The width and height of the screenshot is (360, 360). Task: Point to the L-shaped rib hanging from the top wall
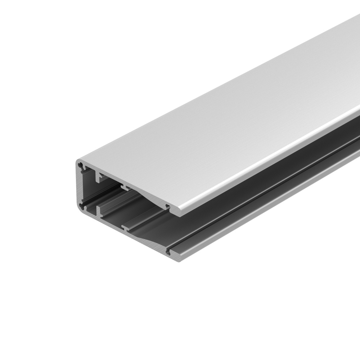(x=98, y=177)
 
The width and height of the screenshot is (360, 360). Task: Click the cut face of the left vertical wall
(x=78, y=187)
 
